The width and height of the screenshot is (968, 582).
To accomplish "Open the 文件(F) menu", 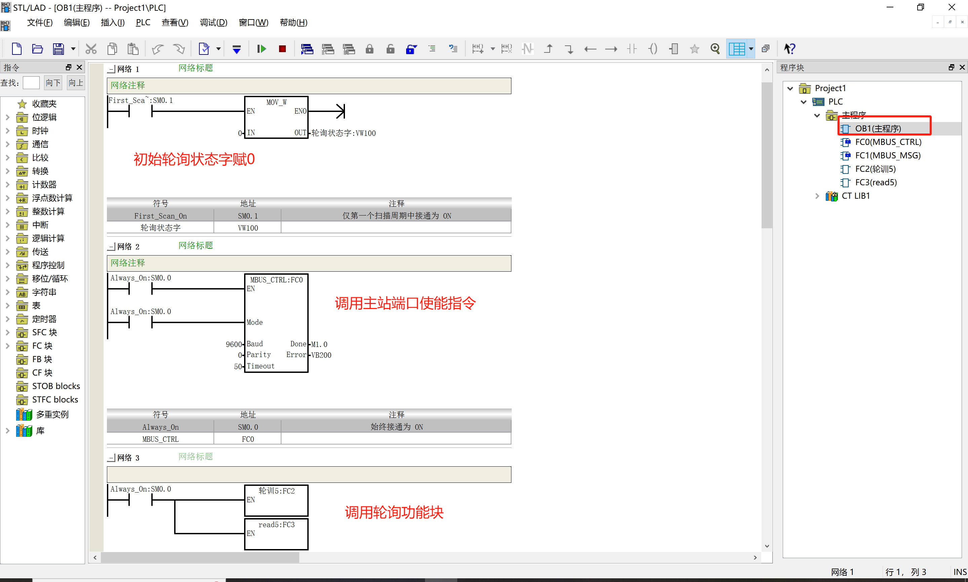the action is [x=40, y=22].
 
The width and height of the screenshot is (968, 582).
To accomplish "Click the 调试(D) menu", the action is [x=213, y=22].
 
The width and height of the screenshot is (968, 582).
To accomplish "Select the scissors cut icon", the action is [x=91, y=49].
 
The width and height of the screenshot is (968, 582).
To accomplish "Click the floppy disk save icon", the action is [x=59, y=49].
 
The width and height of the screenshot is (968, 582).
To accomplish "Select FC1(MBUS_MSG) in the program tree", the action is [x=888, y=155].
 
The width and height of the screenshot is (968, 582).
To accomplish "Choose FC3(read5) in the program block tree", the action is [x=876, y=182].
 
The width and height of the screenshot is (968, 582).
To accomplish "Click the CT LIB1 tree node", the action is [x=855, y=196].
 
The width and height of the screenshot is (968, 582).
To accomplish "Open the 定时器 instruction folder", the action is [x=44, y=319].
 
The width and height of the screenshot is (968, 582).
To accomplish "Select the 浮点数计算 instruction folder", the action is [x=52, y=198].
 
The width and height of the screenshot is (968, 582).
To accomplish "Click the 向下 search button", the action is [x=53, y=83].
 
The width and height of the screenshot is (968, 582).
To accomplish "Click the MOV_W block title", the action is [x=276, y=102].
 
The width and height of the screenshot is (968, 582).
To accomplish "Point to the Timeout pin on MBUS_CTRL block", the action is [x=260, y=366].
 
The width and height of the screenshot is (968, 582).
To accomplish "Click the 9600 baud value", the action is [x=234, y=344].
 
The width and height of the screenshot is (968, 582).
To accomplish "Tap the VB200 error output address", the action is [x=321, y=355].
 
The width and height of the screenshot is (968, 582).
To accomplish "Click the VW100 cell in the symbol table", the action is [x=248, y=228].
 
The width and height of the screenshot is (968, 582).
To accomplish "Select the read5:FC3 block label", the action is [x=276, y=525].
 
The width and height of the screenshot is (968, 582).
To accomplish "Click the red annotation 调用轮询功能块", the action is [x=394, y=512].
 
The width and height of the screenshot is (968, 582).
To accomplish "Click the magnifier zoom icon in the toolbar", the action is [x=715, y=49].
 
